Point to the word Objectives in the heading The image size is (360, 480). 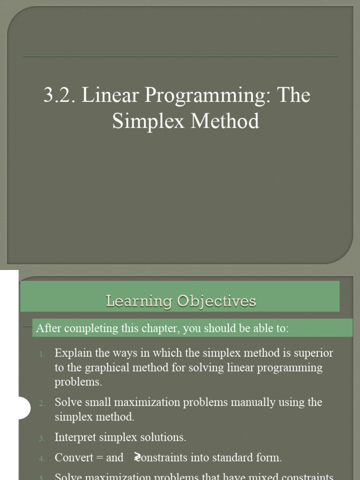coord(217,301)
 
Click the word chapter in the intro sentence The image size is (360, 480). coord(161,329)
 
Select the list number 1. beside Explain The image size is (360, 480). coord(42,354)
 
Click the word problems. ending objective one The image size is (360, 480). coord(78,382)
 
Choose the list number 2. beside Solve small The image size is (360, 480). coord(42,403)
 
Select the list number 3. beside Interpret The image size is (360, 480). coord(42,438)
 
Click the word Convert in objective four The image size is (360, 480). coord(74,457)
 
